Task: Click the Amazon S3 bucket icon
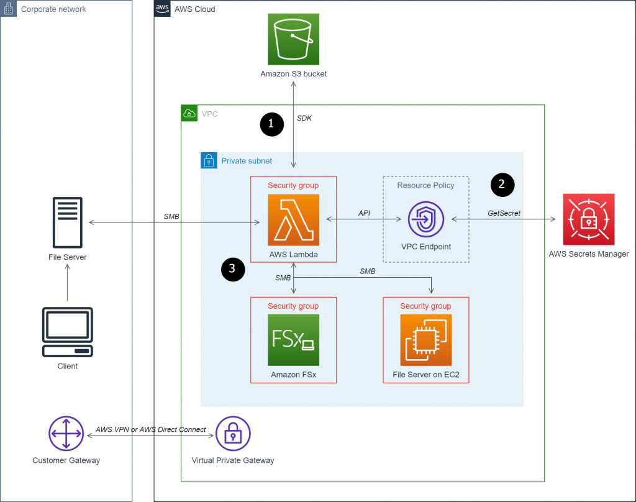[293, 40]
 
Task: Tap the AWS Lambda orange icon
[293, 219]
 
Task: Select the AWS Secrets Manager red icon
[588, 219]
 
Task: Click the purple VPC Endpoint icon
[425, 219]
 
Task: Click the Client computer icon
[67, 332]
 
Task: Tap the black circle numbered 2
[502, 184]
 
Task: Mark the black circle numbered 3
[232, 268]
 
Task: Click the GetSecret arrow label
[504, 212]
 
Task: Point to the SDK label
[304, 117]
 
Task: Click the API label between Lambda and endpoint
[365, 212]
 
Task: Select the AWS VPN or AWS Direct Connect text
[151, 429]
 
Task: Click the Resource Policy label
[425, 185]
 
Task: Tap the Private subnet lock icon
[209, 161]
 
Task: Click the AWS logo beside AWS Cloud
[162, 9]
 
